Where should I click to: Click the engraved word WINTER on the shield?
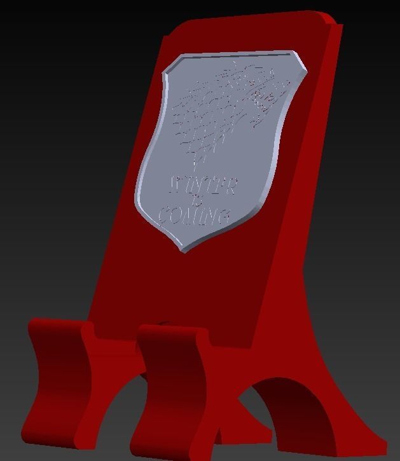click(203, 186)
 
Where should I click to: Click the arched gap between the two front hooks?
click(114, 407)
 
